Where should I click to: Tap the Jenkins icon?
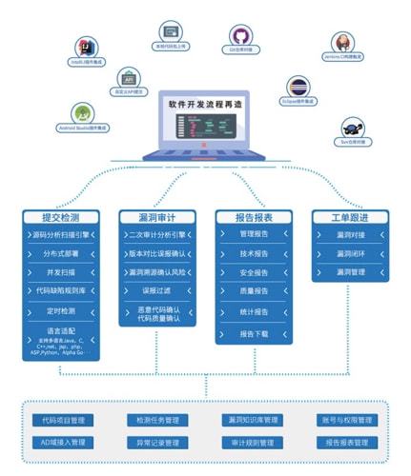[x=344, y=43]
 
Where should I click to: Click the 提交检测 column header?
[x=59, y=217]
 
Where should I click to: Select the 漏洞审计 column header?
[x=157, y=217]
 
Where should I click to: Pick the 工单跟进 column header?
[x=350, y=217]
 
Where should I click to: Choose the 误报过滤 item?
[x=157, y=290]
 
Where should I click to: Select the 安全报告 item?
[x=254, y=272]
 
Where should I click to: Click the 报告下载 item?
[x=254, y=334]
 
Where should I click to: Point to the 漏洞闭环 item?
[x=350, y=253]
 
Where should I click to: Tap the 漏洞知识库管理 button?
[x=253, y=420]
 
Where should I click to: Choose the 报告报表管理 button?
[x=347, y=443]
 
